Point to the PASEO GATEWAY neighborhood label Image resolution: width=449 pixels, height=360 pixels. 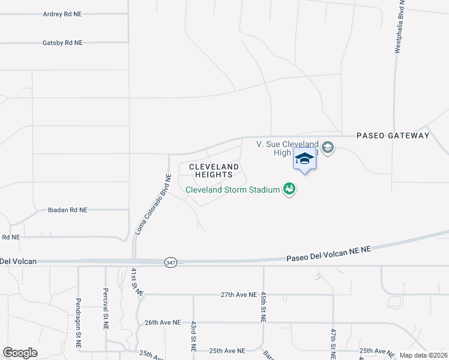pos(393,136)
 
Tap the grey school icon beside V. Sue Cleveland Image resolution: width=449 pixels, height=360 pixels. pos(327,147)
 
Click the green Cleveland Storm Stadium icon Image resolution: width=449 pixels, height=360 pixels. pos(289,189)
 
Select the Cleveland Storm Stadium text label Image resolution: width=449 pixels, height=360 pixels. pos(232,190)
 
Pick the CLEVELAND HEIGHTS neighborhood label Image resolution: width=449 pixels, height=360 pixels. pos(214,170)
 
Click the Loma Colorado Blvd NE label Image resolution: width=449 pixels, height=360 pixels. pos(152,203)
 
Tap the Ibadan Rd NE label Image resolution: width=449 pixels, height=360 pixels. pos(68,210)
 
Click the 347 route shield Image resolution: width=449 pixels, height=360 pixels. pos(169,262)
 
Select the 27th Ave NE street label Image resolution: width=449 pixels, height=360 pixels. pos(239,295)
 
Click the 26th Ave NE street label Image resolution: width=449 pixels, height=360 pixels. pos(163,322)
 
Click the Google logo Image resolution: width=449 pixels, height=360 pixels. pos(20,353)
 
